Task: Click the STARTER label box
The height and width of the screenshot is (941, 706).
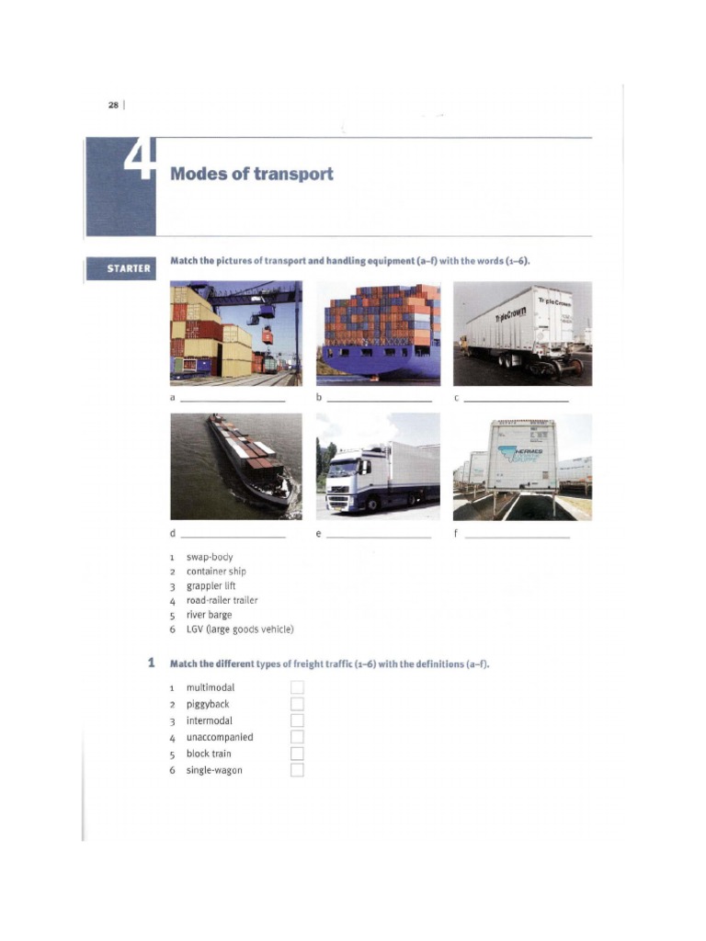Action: [120, 268]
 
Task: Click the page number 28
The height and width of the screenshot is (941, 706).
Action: [113, 105]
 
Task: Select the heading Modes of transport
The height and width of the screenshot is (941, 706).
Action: [251, 174]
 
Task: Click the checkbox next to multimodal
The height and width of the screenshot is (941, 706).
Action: [297, 687]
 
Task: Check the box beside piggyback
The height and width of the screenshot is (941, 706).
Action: [297, 704]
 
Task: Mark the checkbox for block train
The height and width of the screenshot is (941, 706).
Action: [297, 754]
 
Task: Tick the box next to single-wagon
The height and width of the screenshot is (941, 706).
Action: [297, 770]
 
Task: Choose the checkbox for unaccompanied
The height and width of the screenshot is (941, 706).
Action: [297, 737]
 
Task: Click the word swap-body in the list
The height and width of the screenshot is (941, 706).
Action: [210, 557]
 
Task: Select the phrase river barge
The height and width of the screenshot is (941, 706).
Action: [209, 615]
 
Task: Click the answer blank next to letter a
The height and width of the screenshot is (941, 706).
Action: [233, 401]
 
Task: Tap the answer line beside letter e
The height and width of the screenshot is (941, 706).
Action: [379, 536]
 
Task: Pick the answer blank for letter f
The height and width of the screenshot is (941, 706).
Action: [517, 536]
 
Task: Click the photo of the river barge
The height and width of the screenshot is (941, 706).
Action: [236, 467]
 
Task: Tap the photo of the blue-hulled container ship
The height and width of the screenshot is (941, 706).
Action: [378, 334]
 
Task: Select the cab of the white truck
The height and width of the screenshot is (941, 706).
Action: [350, 478]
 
